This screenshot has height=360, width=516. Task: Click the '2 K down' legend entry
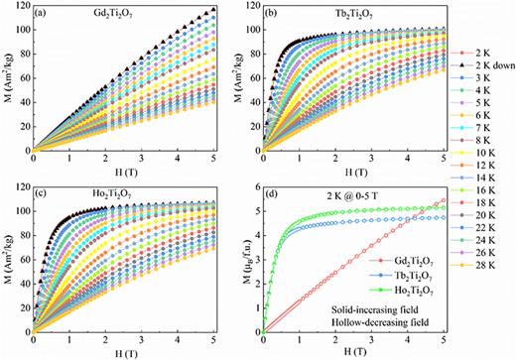click(487, 63)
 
